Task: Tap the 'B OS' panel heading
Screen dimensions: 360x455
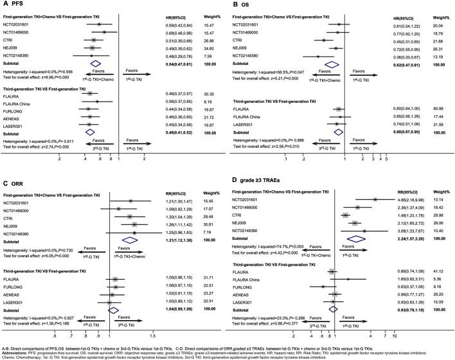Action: coord(237,5)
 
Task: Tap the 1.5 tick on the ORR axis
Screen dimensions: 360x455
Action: coord(152,335)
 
